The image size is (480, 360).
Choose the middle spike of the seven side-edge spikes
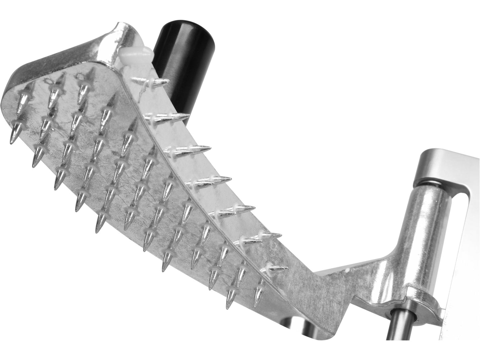click(x=209, y=181)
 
